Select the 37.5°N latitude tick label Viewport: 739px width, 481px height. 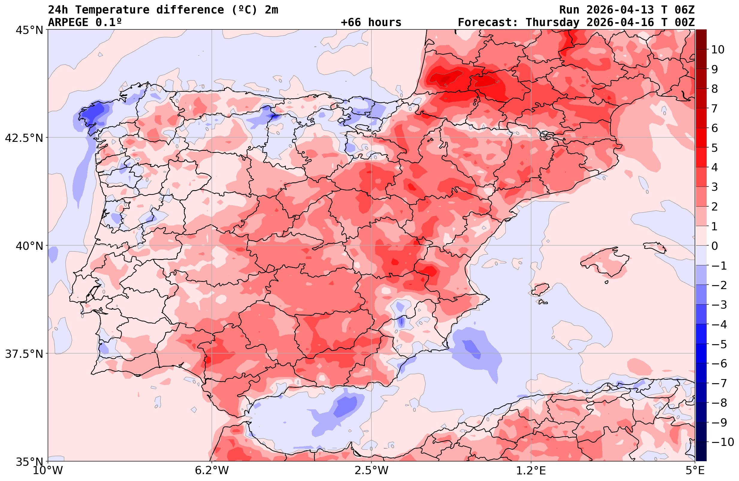tap(24, 354)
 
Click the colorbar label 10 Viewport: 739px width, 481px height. tap(717, 49)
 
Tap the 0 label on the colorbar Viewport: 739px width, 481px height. tap(714, 246)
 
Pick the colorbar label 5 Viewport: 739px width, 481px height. tap(714, 148)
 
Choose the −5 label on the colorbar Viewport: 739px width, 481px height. tap(719, 344)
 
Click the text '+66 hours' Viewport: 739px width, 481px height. tap(371, 22)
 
